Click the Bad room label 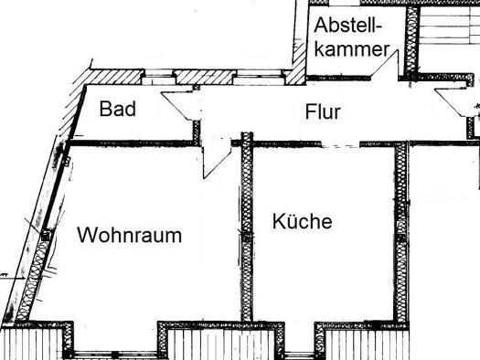pyautogui.click(x=118, y=109)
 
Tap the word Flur pyautogui.click(x=323, y=111)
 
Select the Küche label pyautogui.click(x=302, y=220)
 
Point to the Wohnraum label pyautogui.click(x=130, y=235)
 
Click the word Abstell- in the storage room pyautogui.click(x=348, y=25)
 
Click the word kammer pyautogui.click(x=352, y=49)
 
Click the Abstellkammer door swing pyautogui.click(x=385, y=64)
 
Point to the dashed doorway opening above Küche pyautogui.click(x=340, y=145)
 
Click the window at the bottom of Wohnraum pyautogui.click(x=115, y=355)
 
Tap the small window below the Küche pyautogui.click(x=299, y=355)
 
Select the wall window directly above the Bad pyautogui.click(x=158, y=77)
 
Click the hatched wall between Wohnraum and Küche pyautogui.click(x=247, y=227)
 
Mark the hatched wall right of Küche pyautogui.click(x=401, y=232)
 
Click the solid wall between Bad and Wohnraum pyautogui.click(x=131, y=143)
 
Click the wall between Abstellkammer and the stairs pyautogui.click(x=412, y=40)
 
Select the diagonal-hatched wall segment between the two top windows pyautogui.click(x=206, y=77)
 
